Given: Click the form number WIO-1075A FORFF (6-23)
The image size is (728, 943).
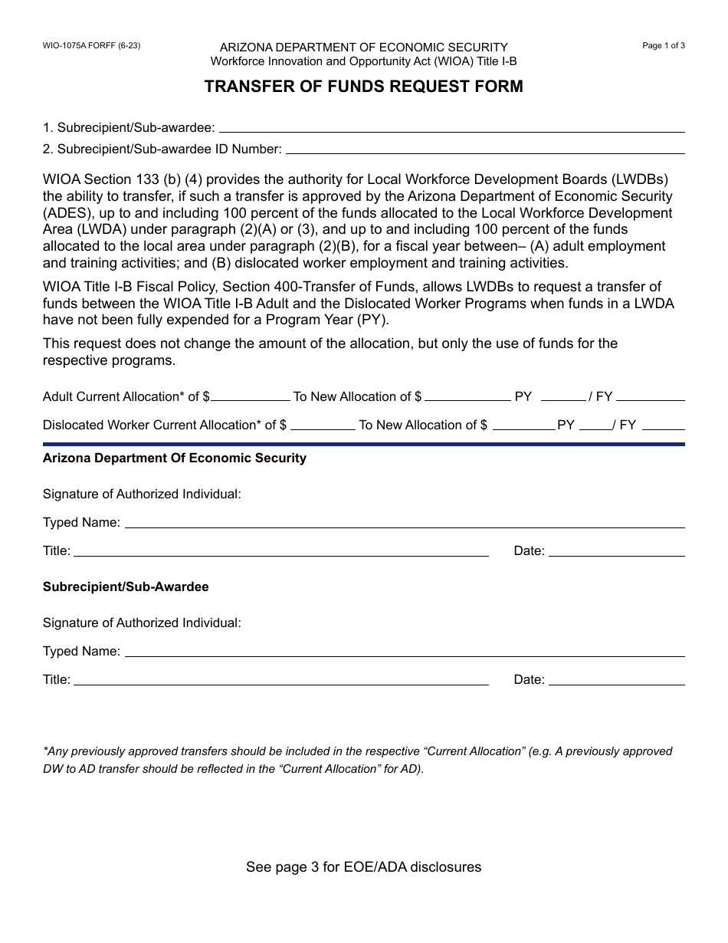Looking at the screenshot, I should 91,45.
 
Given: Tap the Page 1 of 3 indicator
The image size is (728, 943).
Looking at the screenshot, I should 663,45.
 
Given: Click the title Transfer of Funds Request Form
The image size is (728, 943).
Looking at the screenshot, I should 363,87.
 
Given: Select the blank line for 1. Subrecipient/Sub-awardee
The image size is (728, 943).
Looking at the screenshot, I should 451,129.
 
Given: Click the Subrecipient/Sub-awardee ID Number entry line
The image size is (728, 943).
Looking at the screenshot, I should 485,150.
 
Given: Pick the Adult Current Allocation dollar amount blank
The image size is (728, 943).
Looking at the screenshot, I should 251,398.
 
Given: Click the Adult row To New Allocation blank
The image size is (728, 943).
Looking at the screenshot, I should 467,398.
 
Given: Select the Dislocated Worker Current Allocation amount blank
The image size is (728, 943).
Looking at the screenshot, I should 323,426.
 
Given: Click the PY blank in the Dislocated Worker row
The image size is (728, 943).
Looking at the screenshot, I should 595,426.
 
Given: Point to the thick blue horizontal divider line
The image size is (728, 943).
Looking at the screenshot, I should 363,444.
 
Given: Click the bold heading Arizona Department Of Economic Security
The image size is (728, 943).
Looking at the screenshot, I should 175,458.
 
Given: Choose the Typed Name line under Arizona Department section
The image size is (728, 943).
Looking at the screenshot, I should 404,524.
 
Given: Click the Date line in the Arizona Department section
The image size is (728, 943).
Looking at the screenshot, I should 616,553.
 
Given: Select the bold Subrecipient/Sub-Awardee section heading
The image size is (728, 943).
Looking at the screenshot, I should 126,586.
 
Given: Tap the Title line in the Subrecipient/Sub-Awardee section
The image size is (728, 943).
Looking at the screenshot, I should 280,682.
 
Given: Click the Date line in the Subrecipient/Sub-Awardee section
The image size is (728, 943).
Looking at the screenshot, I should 616,682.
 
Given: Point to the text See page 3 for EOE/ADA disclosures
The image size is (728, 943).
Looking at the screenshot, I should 363,867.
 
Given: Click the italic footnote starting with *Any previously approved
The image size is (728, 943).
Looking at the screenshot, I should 357,760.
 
